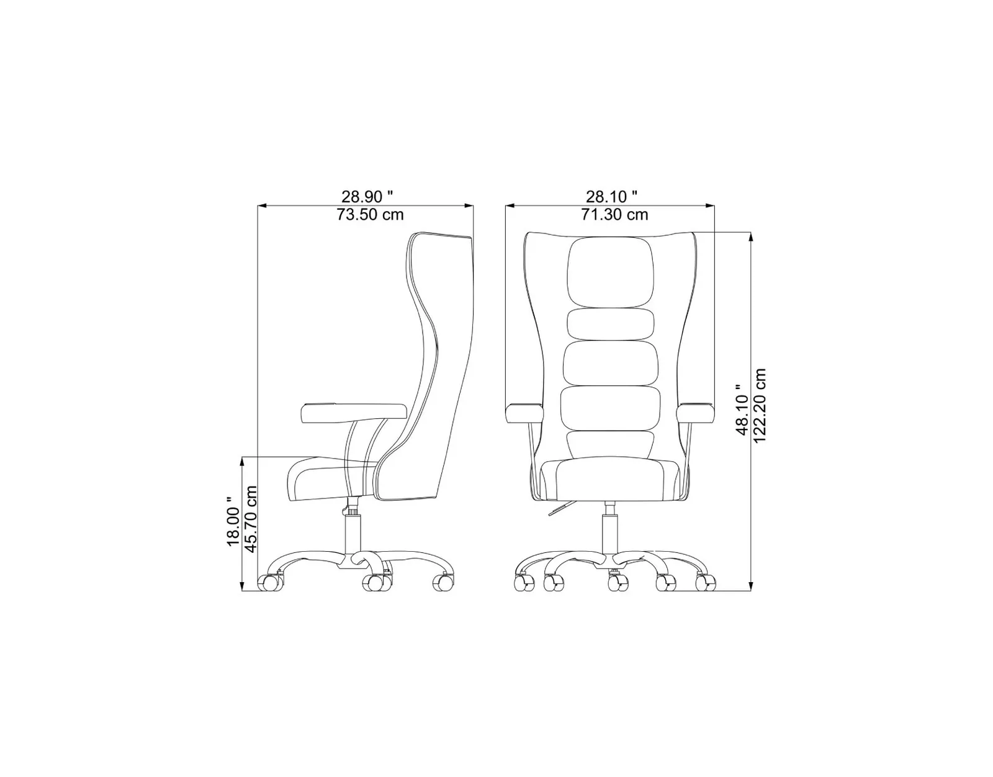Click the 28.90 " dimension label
click(367, 197)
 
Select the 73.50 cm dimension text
click(370, 214)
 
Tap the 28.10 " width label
click(611, 197)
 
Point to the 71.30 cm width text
click(614, 214)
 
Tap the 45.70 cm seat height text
click(250, 518)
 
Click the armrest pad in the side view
click(354, 413)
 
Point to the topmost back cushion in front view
click(611, 272)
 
